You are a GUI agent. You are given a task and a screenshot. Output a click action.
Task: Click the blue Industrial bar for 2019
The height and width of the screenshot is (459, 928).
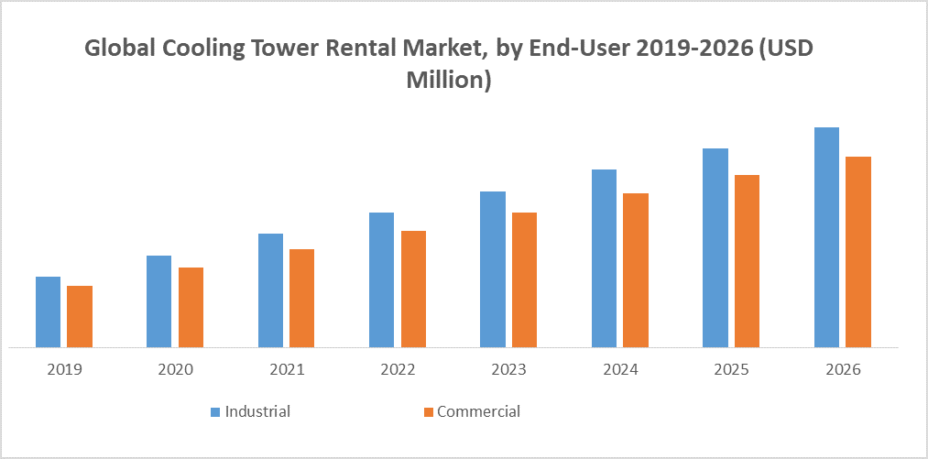click(x=48, y=311)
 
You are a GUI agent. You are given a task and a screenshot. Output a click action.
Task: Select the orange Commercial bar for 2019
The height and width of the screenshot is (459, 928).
click(x=80, y=316)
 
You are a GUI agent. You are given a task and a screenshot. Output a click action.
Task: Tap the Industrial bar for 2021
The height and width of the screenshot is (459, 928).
click(x=270, y=290)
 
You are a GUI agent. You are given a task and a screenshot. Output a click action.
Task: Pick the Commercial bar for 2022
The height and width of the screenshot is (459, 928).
click(x=413, y=289)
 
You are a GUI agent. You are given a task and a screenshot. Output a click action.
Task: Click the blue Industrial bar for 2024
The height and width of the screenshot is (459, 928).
click(x=604, y=258)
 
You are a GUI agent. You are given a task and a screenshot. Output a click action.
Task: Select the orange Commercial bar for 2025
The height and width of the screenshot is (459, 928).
click(x=747, y=261)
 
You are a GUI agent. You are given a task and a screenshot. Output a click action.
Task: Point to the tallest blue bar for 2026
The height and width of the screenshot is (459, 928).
click(x=826, y=237)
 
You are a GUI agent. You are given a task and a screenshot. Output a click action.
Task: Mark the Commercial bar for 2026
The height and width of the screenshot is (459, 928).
click(x=858, y=252)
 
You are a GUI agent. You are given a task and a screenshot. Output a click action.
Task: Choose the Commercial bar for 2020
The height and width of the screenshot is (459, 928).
click(x=191, y=307)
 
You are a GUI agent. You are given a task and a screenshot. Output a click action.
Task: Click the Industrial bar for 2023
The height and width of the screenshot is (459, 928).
click(x=493, y=269)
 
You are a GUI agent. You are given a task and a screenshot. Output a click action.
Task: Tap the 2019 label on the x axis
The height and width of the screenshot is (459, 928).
click(x=64, y=370)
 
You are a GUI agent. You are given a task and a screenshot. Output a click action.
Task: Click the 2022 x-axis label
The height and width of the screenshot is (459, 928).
click(x=398, y=370)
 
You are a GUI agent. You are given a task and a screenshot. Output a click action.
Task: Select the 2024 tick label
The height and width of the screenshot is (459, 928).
click(x=619, y=370)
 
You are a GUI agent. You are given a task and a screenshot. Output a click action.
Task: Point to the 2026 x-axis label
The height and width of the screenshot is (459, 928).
click(x=842, y=370)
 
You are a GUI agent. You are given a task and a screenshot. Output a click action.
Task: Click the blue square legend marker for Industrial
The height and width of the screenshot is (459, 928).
click(x=216, y=412)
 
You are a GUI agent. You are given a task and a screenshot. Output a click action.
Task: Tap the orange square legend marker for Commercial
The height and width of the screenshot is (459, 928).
click(x=428, y=412)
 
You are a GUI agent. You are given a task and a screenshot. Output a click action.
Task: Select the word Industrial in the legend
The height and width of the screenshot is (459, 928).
click(x=257, y=411)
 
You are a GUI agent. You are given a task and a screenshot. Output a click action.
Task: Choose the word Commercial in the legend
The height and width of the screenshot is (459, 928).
click(x=478, y=411)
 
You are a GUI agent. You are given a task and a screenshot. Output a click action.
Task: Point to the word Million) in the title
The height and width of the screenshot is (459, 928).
click(x=449, y=80)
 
